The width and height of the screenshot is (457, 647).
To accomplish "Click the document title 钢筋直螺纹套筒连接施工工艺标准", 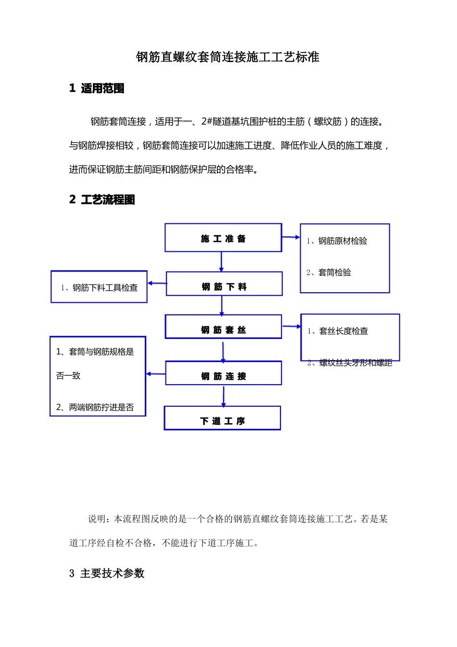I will (x=228, y=57).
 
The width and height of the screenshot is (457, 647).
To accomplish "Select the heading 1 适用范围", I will (x=97, y=88).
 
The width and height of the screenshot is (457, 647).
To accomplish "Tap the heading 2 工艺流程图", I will (x=102, y=200).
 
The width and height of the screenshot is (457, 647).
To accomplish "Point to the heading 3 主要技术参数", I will (x=107, y=573).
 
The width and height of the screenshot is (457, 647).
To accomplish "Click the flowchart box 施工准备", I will (x=223, y=238).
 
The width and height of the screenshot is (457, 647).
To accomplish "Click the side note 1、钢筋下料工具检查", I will (x=99, y=287).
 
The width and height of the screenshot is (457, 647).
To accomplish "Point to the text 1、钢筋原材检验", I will (x=337, y=241).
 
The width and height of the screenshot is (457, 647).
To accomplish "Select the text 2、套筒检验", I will (x=329, y=272).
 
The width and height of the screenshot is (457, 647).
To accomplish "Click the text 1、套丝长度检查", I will (x=338, y=331).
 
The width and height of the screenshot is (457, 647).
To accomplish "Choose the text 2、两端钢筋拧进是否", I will (x=95, y=407).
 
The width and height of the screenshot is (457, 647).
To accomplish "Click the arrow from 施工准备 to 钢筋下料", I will (x=221, y=261).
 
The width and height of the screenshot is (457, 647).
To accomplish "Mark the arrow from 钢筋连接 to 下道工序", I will (x=223, y=396).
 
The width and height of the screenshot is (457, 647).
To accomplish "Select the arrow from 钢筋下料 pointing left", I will (x=156, y=284).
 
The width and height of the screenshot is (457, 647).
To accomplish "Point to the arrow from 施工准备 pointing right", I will (x=291, y=237).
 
